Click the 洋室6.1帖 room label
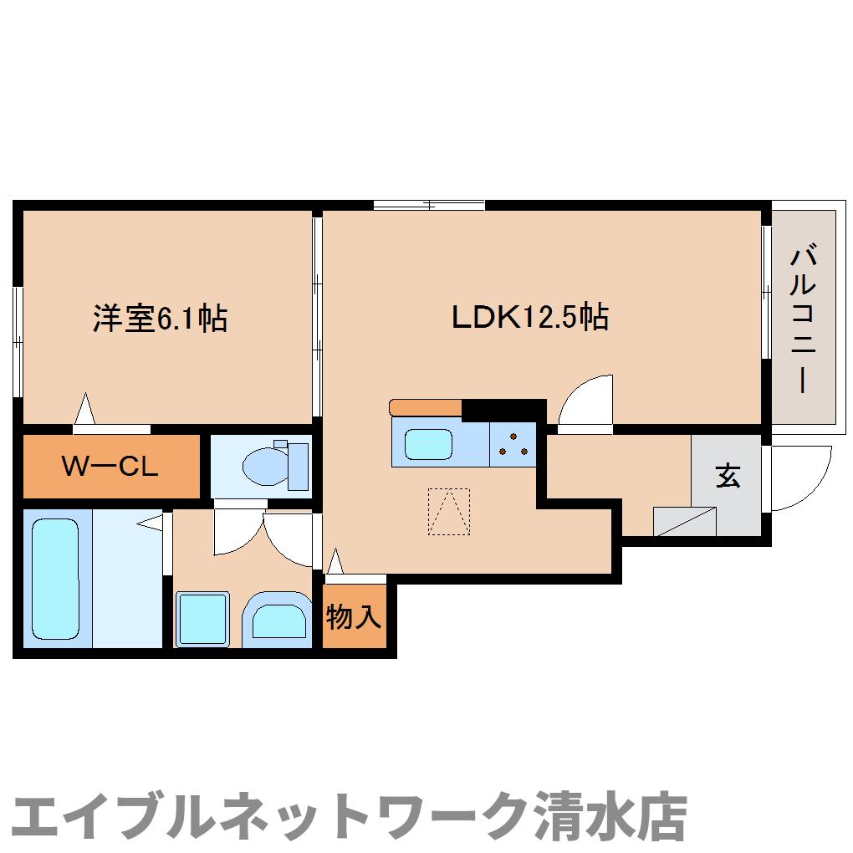tap(160, 319)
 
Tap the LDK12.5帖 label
tap(529, 317)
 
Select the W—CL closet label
tap(110, 467)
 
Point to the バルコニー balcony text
tap(803, 319)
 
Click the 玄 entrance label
tap(727, 476)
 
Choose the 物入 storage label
tap(355, 618)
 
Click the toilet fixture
tap(276, 465)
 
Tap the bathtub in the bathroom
tap(56, 578)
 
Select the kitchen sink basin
tap(429, 443)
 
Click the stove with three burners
tap(513, 443)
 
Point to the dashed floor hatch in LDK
tap(449, 511)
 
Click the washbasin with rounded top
tap(276, 621)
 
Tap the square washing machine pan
tap(202, 619)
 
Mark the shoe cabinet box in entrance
tap(685, 521)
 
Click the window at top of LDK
tap(429, 204)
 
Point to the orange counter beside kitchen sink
tap(426, 407)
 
